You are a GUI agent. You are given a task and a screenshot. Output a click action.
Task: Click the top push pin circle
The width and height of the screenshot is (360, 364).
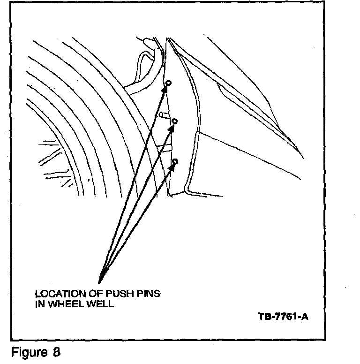pos(169,83)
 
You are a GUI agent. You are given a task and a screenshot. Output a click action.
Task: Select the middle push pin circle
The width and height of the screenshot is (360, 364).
pos(175,121)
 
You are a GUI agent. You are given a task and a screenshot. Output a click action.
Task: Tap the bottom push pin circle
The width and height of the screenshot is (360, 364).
pos(175,162)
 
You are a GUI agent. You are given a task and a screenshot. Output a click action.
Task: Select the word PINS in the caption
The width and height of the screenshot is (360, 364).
pos(147,294)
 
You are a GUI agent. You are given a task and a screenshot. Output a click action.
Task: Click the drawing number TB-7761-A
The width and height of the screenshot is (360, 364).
pos(283,316)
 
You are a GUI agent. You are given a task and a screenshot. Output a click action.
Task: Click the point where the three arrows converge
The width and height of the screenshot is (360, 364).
pos(99,281)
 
